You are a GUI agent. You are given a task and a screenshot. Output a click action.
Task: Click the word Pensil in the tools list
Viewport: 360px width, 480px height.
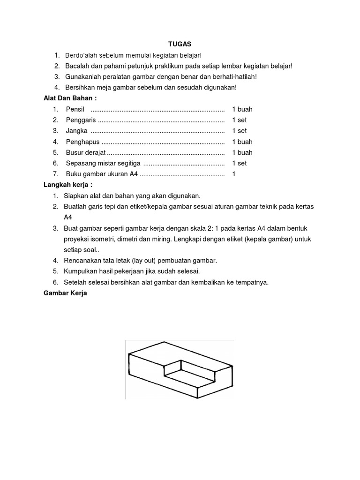pos(75,109)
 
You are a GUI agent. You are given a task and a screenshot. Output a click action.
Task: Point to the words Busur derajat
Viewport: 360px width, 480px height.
pos(86,152)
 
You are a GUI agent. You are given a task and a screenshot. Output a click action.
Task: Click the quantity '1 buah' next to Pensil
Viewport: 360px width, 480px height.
pos(242,109)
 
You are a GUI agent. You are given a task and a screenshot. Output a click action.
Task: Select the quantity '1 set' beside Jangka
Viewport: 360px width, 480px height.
pos(239,131)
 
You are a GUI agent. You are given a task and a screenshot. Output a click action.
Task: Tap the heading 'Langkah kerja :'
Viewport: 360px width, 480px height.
pos(66,185)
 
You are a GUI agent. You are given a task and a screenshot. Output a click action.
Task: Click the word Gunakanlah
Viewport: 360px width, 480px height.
pos(82,76)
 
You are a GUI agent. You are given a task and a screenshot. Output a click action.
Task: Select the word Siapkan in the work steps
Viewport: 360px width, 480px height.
pos(75,195)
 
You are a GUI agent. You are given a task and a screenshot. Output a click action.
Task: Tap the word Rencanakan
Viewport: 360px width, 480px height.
pos(83,260)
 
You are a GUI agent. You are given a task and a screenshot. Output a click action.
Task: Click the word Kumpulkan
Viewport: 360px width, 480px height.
pos(81,271)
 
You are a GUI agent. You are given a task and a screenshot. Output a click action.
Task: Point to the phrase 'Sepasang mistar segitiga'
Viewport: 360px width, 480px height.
pos(103,163)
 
